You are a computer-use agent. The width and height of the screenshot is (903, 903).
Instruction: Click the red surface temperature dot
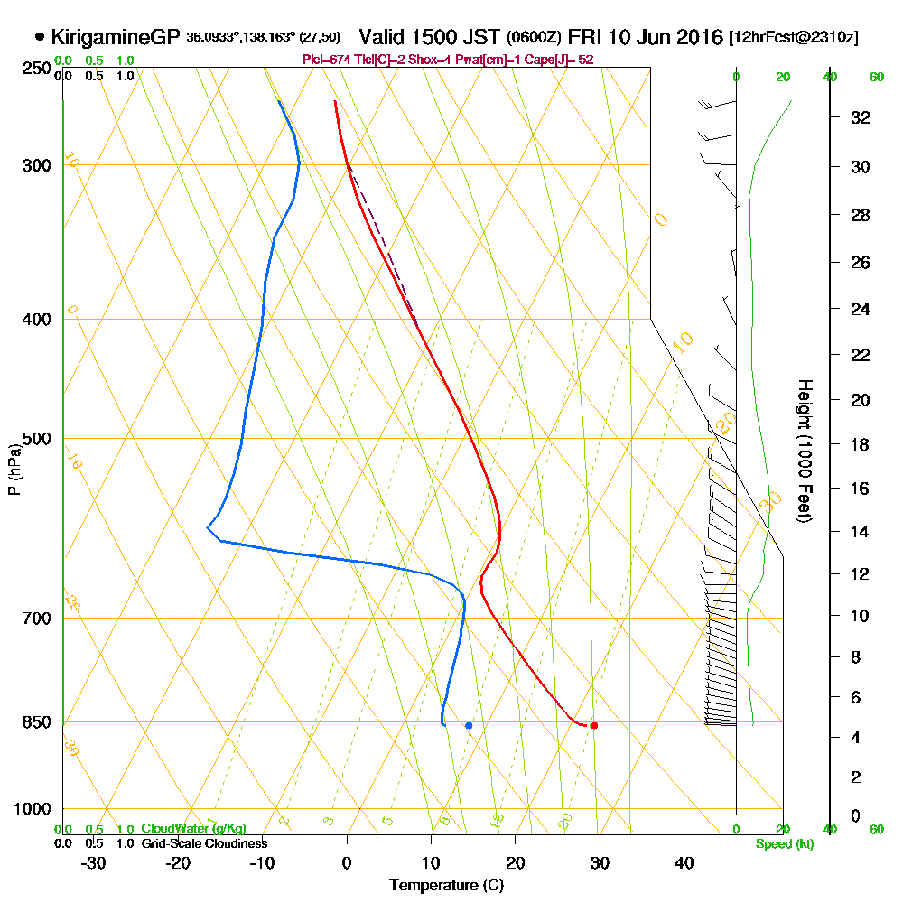click(x=593, y=725)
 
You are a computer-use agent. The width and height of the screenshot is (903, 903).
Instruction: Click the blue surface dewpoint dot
click(x=469, y=725)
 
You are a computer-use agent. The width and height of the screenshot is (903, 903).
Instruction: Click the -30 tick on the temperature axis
click(x=93, y=862)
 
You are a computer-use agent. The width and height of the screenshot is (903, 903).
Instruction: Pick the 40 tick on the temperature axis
click(x=684, y=862)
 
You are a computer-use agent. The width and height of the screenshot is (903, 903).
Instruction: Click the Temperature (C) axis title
click(x=446, y=885)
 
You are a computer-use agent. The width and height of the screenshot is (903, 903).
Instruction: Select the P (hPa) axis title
click(x=14, y=470)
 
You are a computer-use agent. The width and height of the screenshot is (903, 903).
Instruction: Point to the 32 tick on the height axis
click(x=861, y=117)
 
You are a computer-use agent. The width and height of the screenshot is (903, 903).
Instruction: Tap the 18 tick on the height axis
click(x=861, y=444)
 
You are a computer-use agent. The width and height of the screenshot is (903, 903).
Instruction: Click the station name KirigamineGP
click(x=116, y=38)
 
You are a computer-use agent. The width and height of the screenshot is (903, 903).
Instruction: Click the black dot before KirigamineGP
click(x=39, y=37)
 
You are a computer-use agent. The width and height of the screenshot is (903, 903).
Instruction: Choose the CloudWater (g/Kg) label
click(x=193, y=829)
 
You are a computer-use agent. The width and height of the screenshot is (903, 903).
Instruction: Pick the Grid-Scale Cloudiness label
click(x=204, y=843)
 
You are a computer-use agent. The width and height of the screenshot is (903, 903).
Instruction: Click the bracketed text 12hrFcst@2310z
click(x=794, y=38)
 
